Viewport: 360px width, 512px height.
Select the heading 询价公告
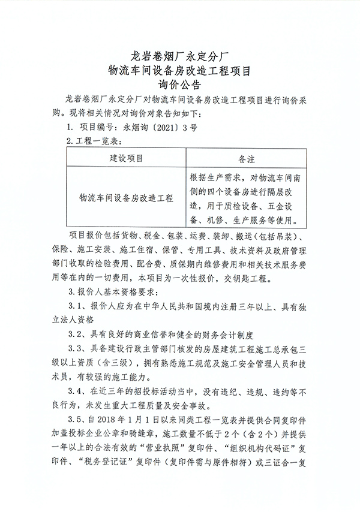180,85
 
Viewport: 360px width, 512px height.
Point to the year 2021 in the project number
157,127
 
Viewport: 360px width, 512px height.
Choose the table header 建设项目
126,158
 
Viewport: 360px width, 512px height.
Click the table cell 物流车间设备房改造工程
126,197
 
